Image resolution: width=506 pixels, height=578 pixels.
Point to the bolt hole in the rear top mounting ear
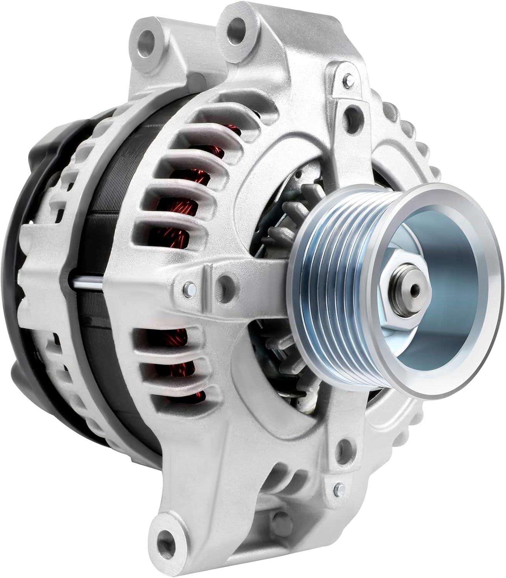(148, 39)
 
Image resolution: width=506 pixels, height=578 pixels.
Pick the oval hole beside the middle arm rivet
(222, 283)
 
